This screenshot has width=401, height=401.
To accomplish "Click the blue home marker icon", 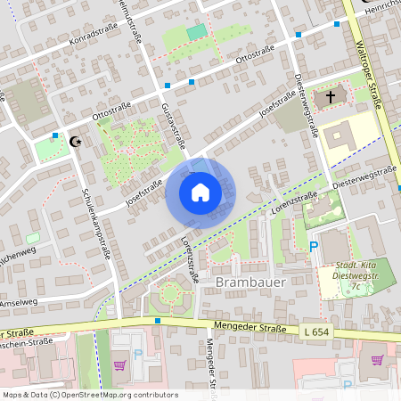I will point(200,192).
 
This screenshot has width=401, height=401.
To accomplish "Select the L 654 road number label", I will point(315,331).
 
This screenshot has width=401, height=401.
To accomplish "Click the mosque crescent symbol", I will point(75,141).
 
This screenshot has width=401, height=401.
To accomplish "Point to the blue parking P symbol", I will point(313,247).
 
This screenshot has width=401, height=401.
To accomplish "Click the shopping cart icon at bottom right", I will point(377,361).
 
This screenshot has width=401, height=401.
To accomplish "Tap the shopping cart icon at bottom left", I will point(119,364).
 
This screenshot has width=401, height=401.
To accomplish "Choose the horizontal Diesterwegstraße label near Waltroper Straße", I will point(363,176).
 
